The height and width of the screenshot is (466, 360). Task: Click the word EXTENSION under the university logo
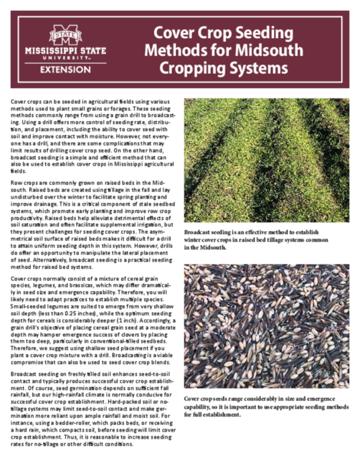click(x=65, y=69)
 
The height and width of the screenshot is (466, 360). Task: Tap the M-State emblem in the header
click(x=65, y=34)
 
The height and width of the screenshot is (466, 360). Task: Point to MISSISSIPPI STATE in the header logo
click(x=65, y=51)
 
